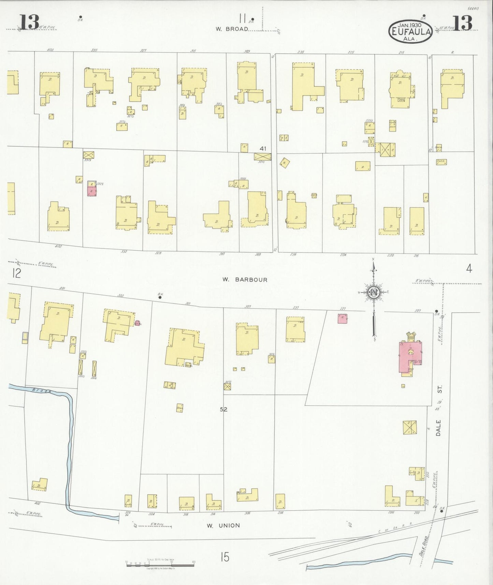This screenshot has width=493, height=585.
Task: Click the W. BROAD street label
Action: click(x=232, y=29)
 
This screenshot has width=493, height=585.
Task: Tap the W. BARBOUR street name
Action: click(x=245, y=280)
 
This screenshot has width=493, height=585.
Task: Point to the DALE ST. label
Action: click(x=439, y=412)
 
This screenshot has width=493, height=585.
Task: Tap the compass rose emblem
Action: click(x=374, y=292)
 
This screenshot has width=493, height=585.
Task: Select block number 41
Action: click(x=263, y=148)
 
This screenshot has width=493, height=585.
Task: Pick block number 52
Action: click(x=223, y=409)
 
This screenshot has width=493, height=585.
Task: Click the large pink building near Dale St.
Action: click(x=408, y=357)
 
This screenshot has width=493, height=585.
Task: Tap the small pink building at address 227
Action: click(x=342, y=318)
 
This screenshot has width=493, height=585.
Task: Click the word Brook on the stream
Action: click(x=41, y=390)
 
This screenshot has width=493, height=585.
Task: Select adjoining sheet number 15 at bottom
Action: click(x=224, y=557)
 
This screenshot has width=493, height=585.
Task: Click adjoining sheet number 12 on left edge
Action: click(x=16, y=273)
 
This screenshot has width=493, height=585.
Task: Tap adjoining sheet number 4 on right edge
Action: click(x=469, y=269)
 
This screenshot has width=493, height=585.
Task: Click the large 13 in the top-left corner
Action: click(x=29, y=23)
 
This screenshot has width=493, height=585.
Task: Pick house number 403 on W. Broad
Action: click(x=50, y=50)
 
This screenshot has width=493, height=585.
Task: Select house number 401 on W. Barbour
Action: click(x=62, y=288)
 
